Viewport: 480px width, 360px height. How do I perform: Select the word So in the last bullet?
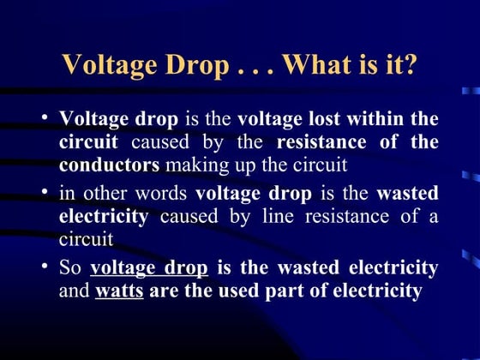(70, 269)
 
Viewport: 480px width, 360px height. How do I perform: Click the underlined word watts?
(119, 291)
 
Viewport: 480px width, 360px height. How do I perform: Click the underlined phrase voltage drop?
(148, 269)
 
